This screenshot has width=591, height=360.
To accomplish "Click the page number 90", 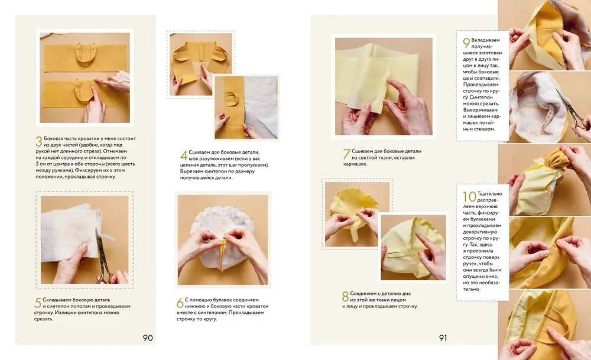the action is [x=148, y=338].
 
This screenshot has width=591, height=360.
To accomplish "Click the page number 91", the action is [x=443, y=338].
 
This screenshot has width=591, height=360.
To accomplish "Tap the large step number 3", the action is [x=39, y=141].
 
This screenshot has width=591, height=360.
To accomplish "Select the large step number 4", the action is [x=184, y=155].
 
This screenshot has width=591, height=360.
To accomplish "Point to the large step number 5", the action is [x=38, y=303].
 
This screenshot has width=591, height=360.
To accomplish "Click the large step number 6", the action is [x=180, y=303].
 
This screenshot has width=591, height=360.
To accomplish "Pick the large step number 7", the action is [x=347, y=154].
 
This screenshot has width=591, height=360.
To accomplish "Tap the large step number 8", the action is [x=345, y=296].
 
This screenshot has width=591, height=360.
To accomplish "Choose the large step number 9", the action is [x=467, y=43].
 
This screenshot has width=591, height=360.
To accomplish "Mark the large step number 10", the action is [x=470, y=196].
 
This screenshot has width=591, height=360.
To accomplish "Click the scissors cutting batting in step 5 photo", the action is [x=103, y=257].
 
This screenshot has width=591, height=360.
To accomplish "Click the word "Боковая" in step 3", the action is [x=54, y=138].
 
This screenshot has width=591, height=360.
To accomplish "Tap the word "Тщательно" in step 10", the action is [x=489, y=194].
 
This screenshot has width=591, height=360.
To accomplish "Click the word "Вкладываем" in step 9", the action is [x=485, y=40].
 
